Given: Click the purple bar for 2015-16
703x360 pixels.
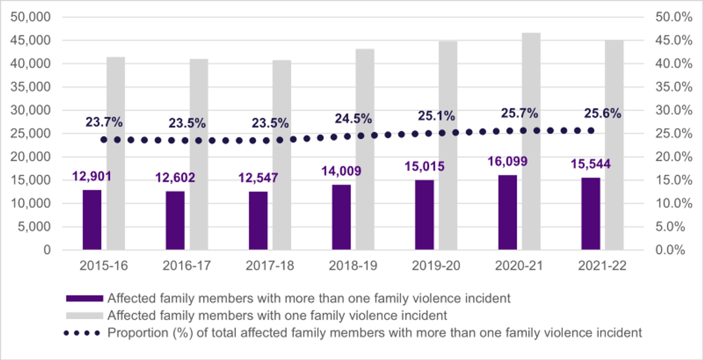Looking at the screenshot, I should point(92,220).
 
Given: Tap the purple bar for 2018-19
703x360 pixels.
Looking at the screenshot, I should point(341,217).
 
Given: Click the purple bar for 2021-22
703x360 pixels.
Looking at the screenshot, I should point(590,214).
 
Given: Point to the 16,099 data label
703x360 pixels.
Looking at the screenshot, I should point(507,161).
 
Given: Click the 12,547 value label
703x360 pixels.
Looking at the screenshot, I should point(258,178).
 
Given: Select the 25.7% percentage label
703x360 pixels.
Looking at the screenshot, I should point(519,113).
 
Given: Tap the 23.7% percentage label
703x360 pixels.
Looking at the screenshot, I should point(104,122).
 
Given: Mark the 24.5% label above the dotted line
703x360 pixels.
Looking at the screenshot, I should point(353,119).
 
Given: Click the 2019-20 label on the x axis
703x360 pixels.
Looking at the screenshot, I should point(436,266).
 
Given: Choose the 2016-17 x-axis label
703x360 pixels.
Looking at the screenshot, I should point(187,266).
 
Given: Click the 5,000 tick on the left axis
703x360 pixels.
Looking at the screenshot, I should point(34,227).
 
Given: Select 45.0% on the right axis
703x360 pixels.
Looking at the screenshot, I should point(674,40).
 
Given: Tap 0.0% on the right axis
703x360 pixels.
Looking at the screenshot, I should point(671,250).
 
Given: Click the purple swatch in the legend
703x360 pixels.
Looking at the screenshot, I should point(84,299).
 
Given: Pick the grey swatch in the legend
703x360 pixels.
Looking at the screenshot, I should point(84,316).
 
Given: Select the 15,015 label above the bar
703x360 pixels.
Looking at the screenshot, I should point(424,167).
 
